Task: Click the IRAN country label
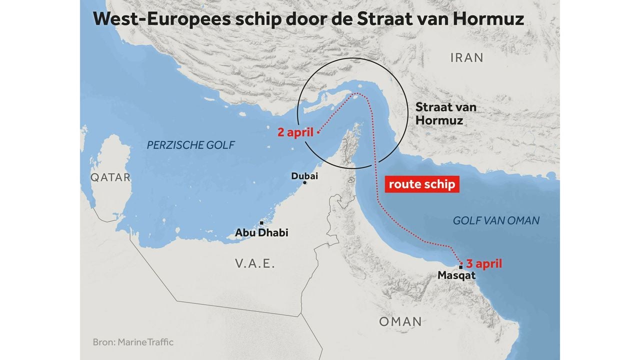coord(467,57)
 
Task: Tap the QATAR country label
coord(110,177)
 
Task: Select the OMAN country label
coord(400,321)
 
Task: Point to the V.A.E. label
coord(255,263)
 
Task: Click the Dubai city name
coord(304,176)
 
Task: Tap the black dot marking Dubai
coord(305,183)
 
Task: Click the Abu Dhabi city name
coord(261,233)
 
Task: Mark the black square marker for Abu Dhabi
coord(260,223)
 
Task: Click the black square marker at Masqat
coord(460,267)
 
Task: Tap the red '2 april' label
coord(295,133)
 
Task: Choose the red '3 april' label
coord(483,263)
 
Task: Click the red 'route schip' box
coord(422,184)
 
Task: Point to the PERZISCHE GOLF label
coord(190,145)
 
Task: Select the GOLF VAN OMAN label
coord(496,220)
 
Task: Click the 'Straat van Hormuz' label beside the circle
coord(446,113)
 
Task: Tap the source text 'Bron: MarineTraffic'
coord(133,342)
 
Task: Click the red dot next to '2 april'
coord(318,133)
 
